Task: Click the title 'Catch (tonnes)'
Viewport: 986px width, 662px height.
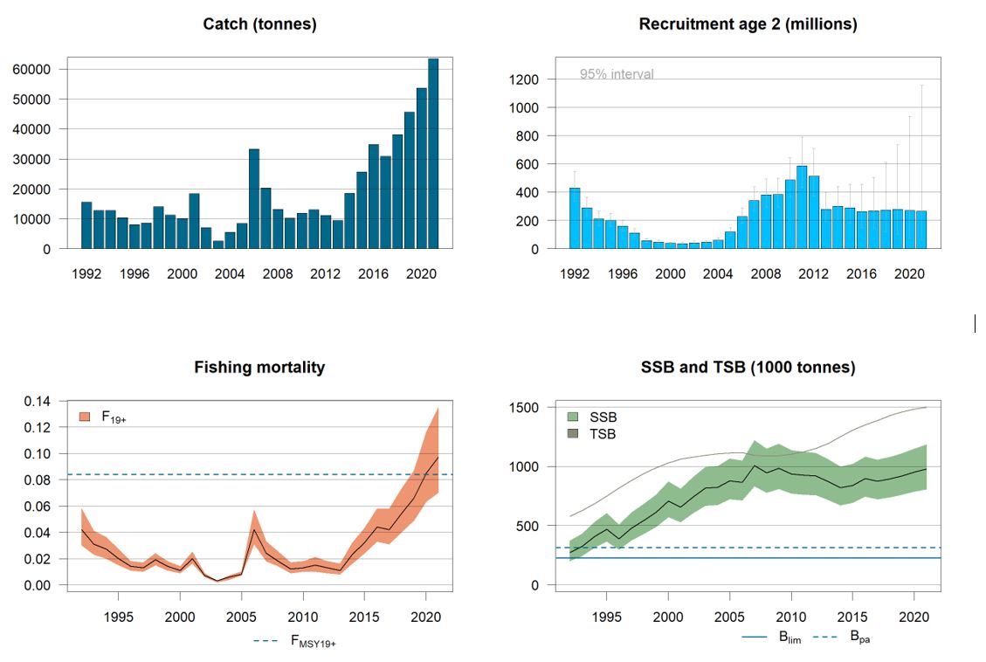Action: click(259, 24)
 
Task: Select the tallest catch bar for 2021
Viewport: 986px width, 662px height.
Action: click(433, 154)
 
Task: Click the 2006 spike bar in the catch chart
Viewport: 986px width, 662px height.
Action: click(253, 199)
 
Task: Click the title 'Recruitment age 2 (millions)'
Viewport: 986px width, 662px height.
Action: click(748, 24)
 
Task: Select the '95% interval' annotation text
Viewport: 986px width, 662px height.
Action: click(617, 74)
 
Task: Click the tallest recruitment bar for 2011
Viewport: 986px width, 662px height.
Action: click(802, 208)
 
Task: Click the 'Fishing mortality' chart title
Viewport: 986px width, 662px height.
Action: click(259, 368)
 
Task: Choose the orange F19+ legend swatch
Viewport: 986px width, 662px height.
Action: click(85, 417)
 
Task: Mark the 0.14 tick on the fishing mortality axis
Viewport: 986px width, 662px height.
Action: click(38, 402)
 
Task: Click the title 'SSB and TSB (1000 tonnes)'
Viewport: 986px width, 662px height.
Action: click(748, 368)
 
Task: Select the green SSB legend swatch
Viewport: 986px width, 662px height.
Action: click(574, 417)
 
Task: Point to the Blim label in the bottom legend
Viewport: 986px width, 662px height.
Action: click(789, 638)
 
